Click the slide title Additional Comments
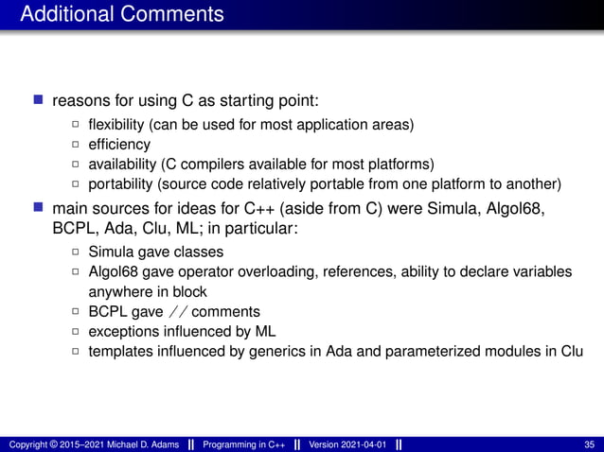pyautogui.click(x=122, y=14)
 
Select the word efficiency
pyautogui.click(x=118, y=144)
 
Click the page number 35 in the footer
pyautogui.click(x=590, y=443)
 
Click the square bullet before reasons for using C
pyautogui.click(x=39, y=99)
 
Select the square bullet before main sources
pyautogui.click(x=39, y=207)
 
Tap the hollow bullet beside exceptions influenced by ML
pyautogui.click(x=76, y=331)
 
